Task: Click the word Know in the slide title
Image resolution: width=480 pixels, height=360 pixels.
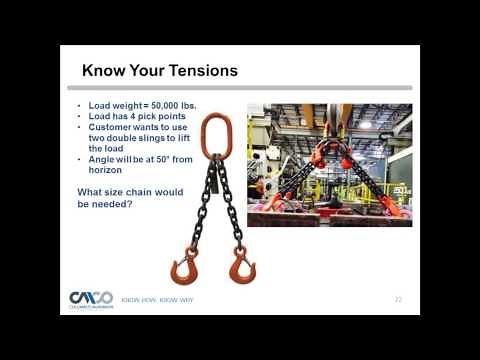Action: click(102, 71)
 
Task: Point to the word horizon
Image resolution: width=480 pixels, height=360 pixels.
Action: click(105, 170)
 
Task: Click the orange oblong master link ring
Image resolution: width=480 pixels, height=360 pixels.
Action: click(214, 134)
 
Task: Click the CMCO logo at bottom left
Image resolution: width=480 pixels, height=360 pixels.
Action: click(91, 299)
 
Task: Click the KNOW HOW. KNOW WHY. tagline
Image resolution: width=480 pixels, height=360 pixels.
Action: click(157, 299)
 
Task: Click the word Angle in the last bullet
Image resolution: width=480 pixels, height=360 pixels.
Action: click(101, 160)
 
